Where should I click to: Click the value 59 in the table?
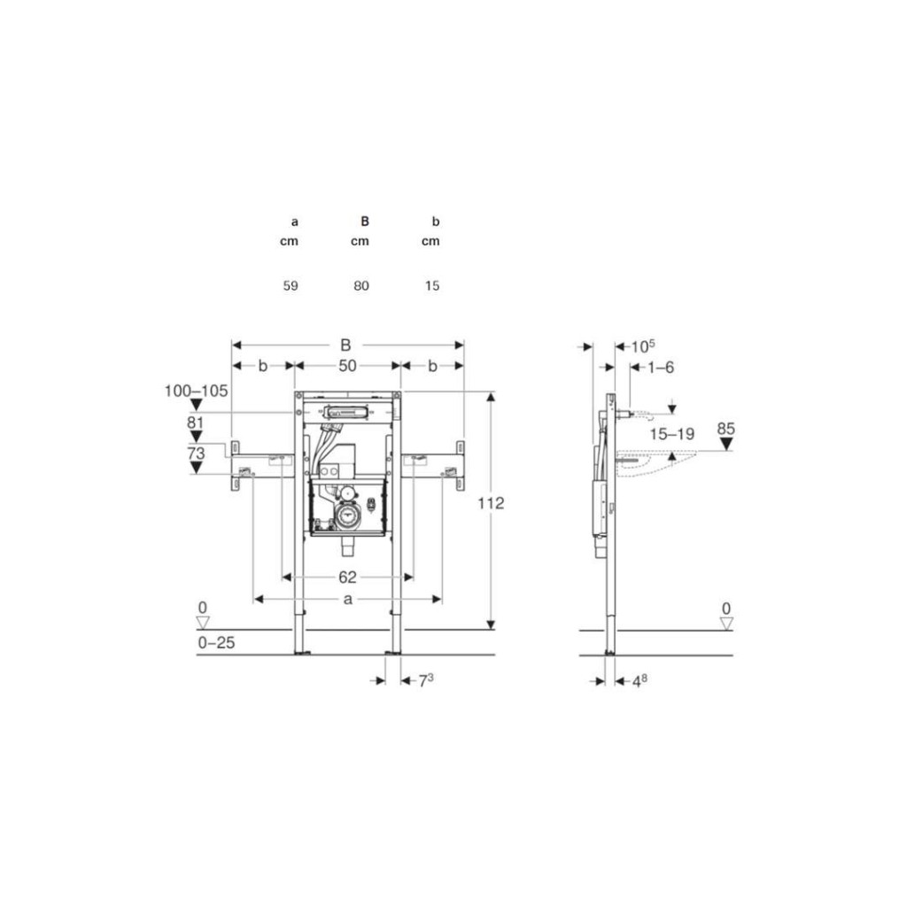(291, 286)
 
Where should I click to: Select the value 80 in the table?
(361, 286)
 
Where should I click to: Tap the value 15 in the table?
(432, 286)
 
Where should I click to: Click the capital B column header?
(364, 221)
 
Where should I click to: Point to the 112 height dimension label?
(491, 503)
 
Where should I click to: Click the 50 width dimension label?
(347, 366)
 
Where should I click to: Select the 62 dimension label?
(347, 578)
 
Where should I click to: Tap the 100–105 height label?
(196, 391)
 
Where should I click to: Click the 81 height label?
(196, 422)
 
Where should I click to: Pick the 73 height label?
(196, 453)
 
